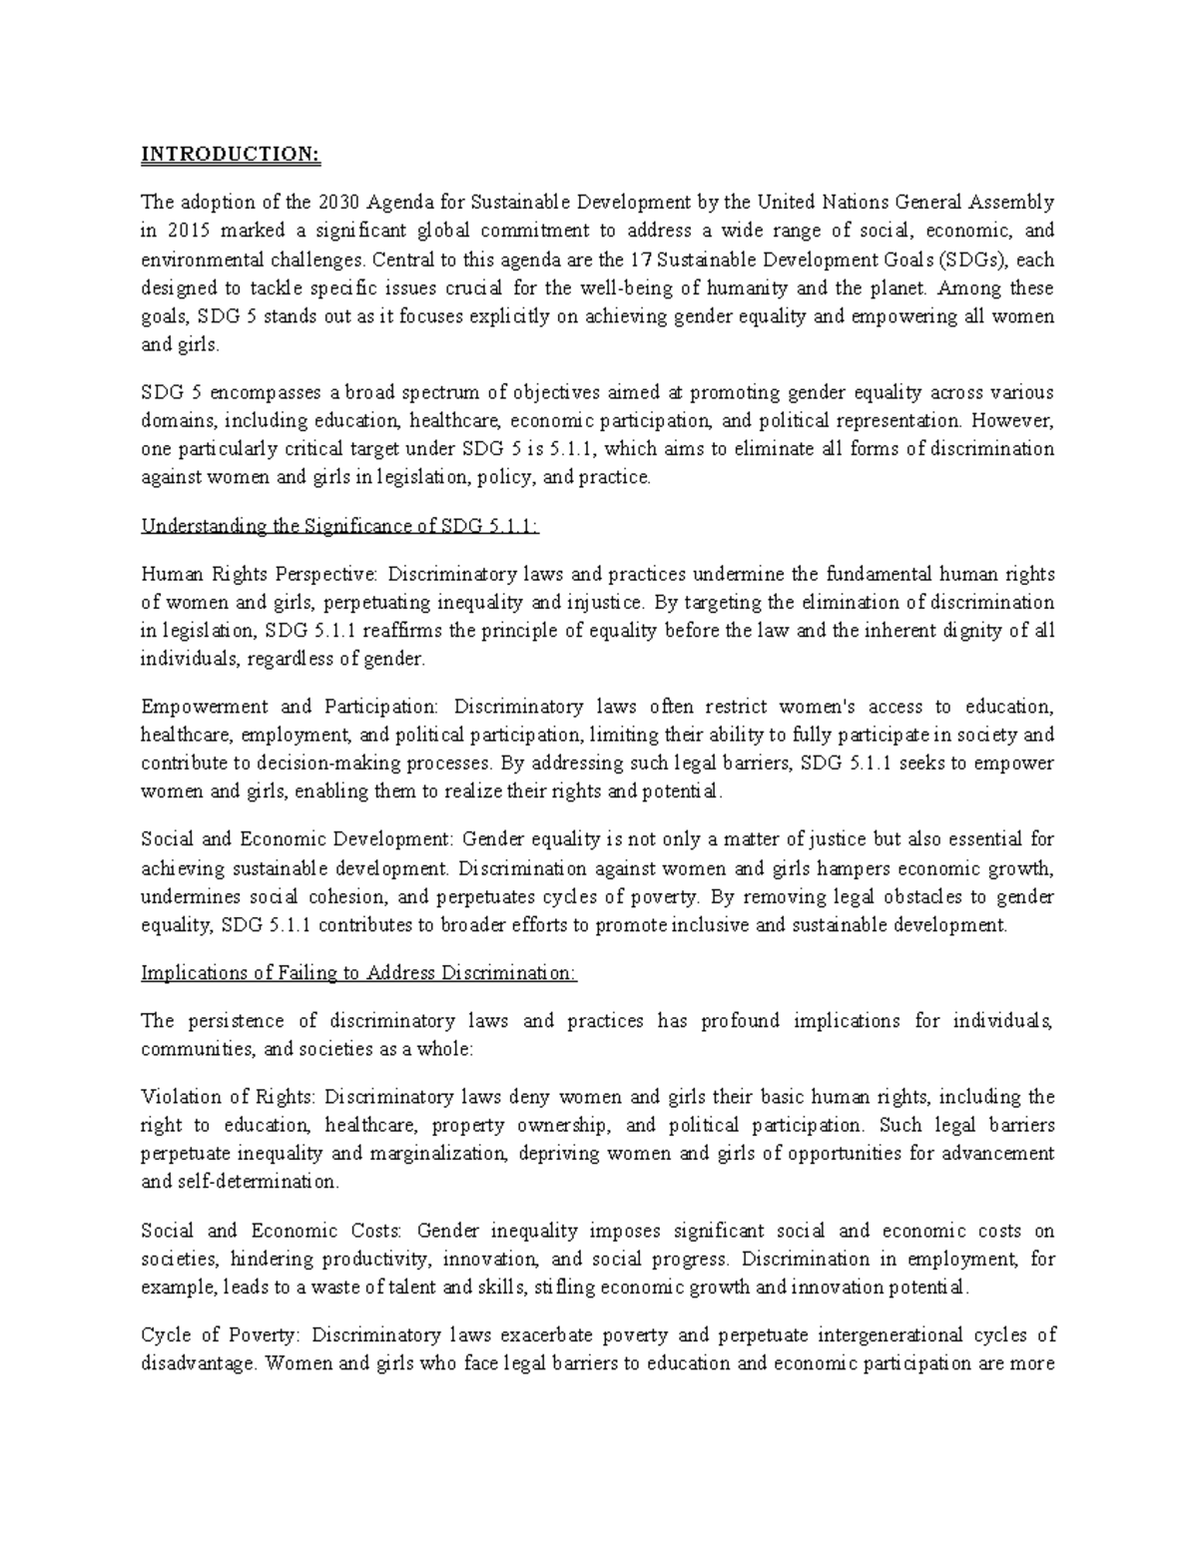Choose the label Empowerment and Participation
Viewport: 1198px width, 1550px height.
[x=290, y=707]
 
